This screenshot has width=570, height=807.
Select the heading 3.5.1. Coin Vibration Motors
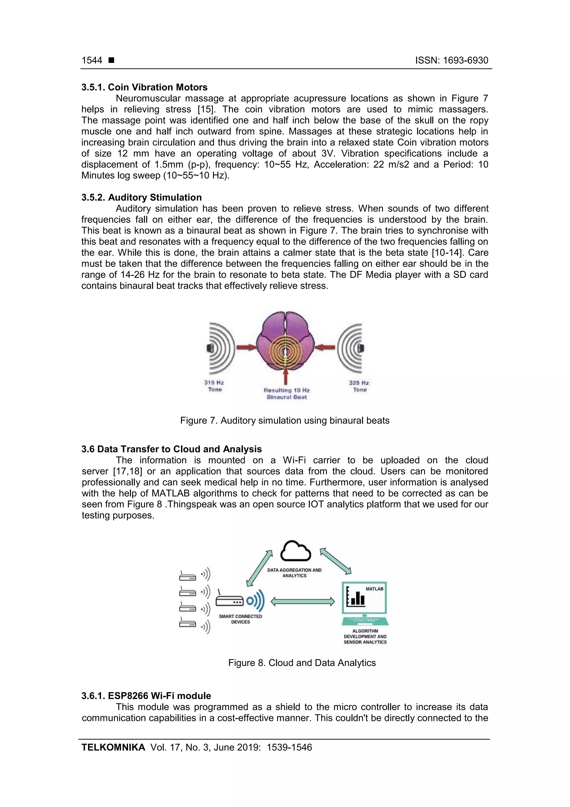click(x=144, y=87)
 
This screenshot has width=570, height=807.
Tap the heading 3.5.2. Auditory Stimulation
click(x=142, y=197)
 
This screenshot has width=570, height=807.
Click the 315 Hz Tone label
click(x=214, y=386)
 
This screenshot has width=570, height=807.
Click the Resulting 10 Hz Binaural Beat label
click(x=287, y=394)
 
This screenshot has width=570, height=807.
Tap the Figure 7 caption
click(x=285, y=420)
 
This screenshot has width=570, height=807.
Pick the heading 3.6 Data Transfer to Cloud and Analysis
click(x=172, y=449)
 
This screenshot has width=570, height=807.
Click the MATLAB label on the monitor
click(x=374, y=589)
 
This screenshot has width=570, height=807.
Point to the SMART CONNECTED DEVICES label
click(x=240, y=619)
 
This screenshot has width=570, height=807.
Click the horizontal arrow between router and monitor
click(x=303, y=602)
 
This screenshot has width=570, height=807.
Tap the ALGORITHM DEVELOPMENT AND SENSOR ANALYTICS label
click(x=365, y=637)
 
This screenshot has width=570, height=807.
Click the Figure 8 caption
click(x=302, y=663)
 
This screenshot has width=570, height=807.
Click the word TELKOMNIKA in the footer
click(x=113, y=747)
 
